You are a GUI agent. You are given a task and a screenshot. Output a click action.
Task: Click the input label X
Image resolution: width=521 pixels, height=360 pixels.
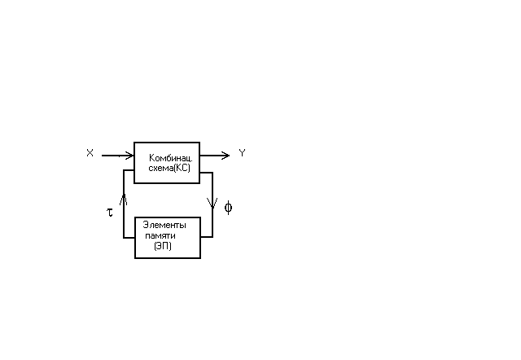pos(90,153)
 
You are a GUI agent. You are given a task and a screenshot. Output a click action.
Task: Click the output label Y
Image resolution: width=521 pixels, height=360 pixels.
pos(243,153)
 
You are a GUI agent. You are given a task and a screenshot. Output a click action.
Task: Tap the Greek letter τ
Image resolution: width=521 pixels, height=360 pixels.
pos(110,212)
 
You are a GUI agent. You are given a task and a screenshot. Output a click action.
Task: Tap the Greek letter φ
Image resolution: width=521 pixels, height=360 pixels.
pos(228,208)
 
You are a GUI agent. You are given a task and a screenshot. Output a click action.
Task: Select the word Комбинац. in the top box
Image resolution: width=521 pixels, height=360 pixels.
pos(171,157)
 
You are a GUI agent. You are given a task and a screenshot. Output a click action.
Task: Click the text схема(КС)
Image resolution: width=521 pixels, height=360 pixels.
pos(169,169)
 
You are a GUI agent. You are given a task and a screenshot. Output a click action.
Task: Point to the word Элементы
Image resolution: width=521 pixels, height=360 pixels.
pos(164,225)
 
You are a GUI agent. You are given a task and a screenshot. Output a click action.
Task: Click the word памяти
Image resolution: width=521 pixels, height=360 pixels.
pos(160,236)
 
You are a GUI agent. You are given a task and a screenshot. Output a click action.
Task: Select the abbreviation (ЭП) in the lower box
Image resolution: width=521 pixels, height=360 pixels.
pos(163,246)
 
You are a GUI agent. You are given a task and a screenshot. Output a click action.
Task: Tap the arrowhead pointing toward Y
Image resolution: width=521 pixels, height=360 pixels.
pos(225,156)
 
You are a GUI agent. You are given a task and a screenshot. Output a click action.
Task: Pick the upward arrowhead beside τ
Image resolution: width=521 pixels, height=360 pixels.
pos(124,200)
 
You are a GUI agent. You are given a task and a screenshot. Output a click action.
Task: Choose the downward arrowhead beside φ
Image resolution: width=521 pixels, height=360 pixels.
pos(212,203)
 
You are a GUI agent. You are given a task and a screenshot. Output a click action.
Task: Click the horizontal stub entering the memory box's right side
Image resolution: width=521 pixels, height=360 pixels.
pos(207,237)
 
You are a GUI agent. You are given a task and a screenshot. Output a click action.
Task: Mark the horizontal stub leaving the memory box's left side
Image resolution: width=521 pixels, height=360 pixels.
pos(129,238)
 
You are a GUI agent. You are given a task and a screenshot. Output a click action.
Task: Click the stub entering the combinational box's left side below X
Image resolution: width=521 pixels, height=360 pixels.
pos(129,170)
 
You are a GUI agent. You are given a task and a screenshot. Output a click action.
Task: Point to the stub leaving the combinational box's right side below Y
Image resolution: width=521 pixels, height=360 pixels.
pos(206,173)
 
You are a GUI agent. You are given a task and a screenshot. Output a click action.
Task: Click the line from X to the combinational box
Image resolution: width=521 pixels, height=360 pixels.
pos(117,156)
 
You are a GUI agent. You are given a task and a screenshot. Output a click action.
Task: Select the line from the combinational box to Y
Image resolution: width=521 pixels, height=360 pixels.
pos(215,156)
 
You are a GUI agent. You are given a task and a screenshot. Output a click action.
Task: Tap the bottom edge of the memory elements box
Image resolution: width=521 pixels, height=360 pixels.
pos(168,258)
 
